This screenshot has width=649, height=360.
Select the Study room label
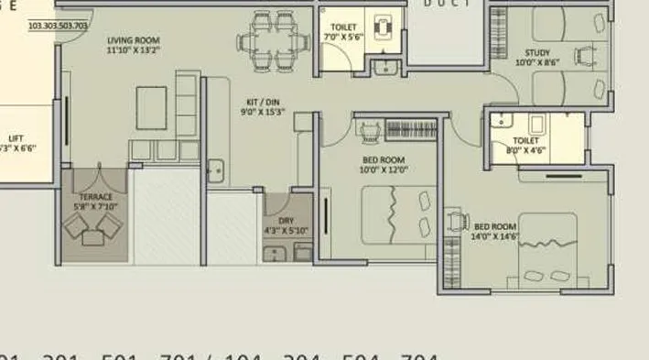click(537, 58)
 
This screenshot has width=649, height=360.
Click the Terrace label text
click(95, 202)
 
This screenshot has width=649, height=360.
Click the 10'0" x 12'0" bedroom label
click(384, 164)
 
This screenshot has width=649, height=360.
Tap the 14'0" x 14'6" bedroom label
click(494, 230)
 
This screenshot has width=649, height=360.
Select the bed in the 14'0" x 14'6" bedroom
click(547, 252)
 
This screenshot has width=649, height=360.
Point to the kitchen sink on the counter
click(216, 169)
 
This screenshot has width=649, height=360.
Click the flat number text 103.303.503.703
click(59, 26)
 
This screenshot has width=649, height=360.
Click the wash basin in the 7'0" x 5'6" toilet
click(387, 66)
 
